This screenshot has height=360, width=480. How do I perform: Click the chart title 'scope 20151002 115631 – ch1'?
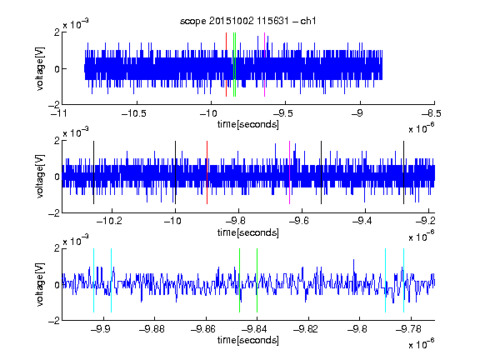pos(248,21)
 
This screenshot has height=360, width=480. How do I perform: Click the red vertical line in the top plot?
pos(226,65)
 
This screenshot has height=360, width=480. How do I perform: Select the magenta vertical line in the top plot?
pos(264,65)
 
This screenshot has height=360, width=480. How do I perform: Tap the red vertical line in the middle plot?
pos(207,172)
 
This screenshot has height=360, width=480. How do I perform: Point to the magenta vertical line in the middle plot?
pos(290,172)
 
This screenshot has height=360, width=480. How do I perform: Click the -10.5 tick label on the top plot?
pos(134,113)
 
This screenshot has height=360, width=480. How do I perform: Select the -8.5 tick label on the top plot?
pos(432,113)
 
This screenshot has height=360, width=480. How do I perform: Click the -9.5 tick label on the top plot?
pos(282,113)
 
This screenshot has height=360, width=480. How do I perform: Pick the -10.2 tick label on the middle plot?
pos(109,220)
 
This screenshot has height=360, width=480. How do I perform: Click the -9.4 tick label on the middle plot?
pos(362,220)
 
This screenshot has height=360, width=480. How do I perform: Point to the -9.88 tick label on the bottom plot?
pos(152,329)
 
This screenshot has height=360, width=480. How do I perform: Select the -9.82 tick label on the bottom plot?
pos(306,329)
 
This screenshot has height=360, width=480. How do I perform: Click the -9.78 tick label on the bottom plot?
pos(408,329)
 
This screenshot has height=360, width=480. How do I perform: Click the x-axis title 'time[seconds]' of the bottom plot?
pos(248,340)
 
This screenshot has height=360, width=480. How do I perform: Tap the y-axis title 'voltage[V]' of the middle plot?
pos(40,176)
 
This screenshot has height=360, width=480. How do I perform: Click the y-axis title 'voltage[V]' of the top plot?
pos(40,68)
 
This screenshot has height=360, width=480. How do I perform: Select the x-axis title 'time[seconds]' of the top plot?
pos(248,124)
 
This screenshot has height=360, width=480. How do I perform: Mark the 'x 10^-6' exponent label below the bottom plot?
pos(422,343)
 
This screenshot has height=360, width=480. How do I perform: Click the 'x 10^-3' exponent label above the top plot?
pos(76,23)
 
